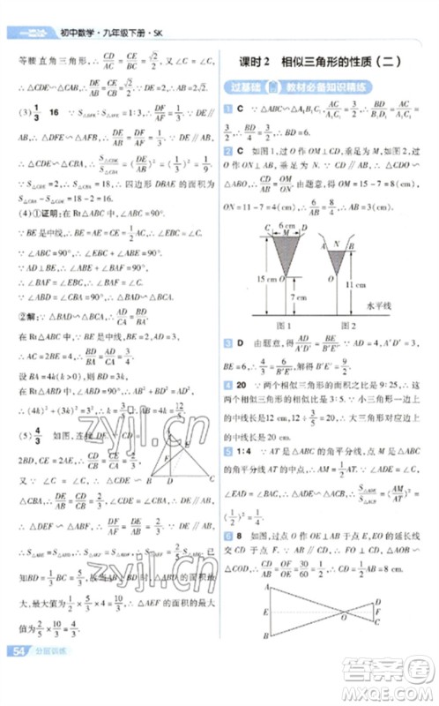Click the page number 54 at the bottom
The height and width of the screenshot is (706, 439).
click(19, 676)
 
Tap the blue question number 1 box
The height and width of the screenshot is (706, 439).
click(227, 108)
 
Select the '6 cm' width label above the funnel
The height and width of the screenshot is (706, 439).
click(286, 227)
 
